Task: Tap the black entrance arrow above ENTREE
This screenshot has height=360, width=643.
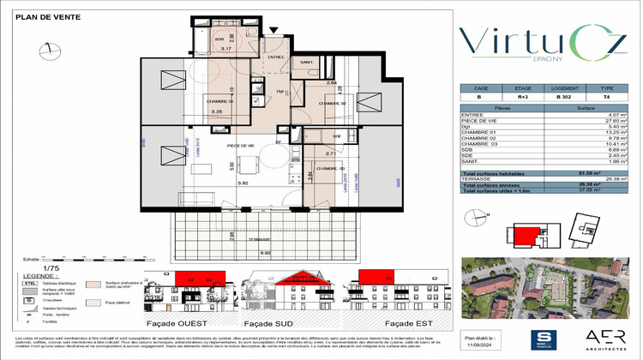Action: click(273, 31)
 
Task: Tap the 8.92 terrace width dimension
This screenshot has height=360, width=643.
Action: click(266, 254)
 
